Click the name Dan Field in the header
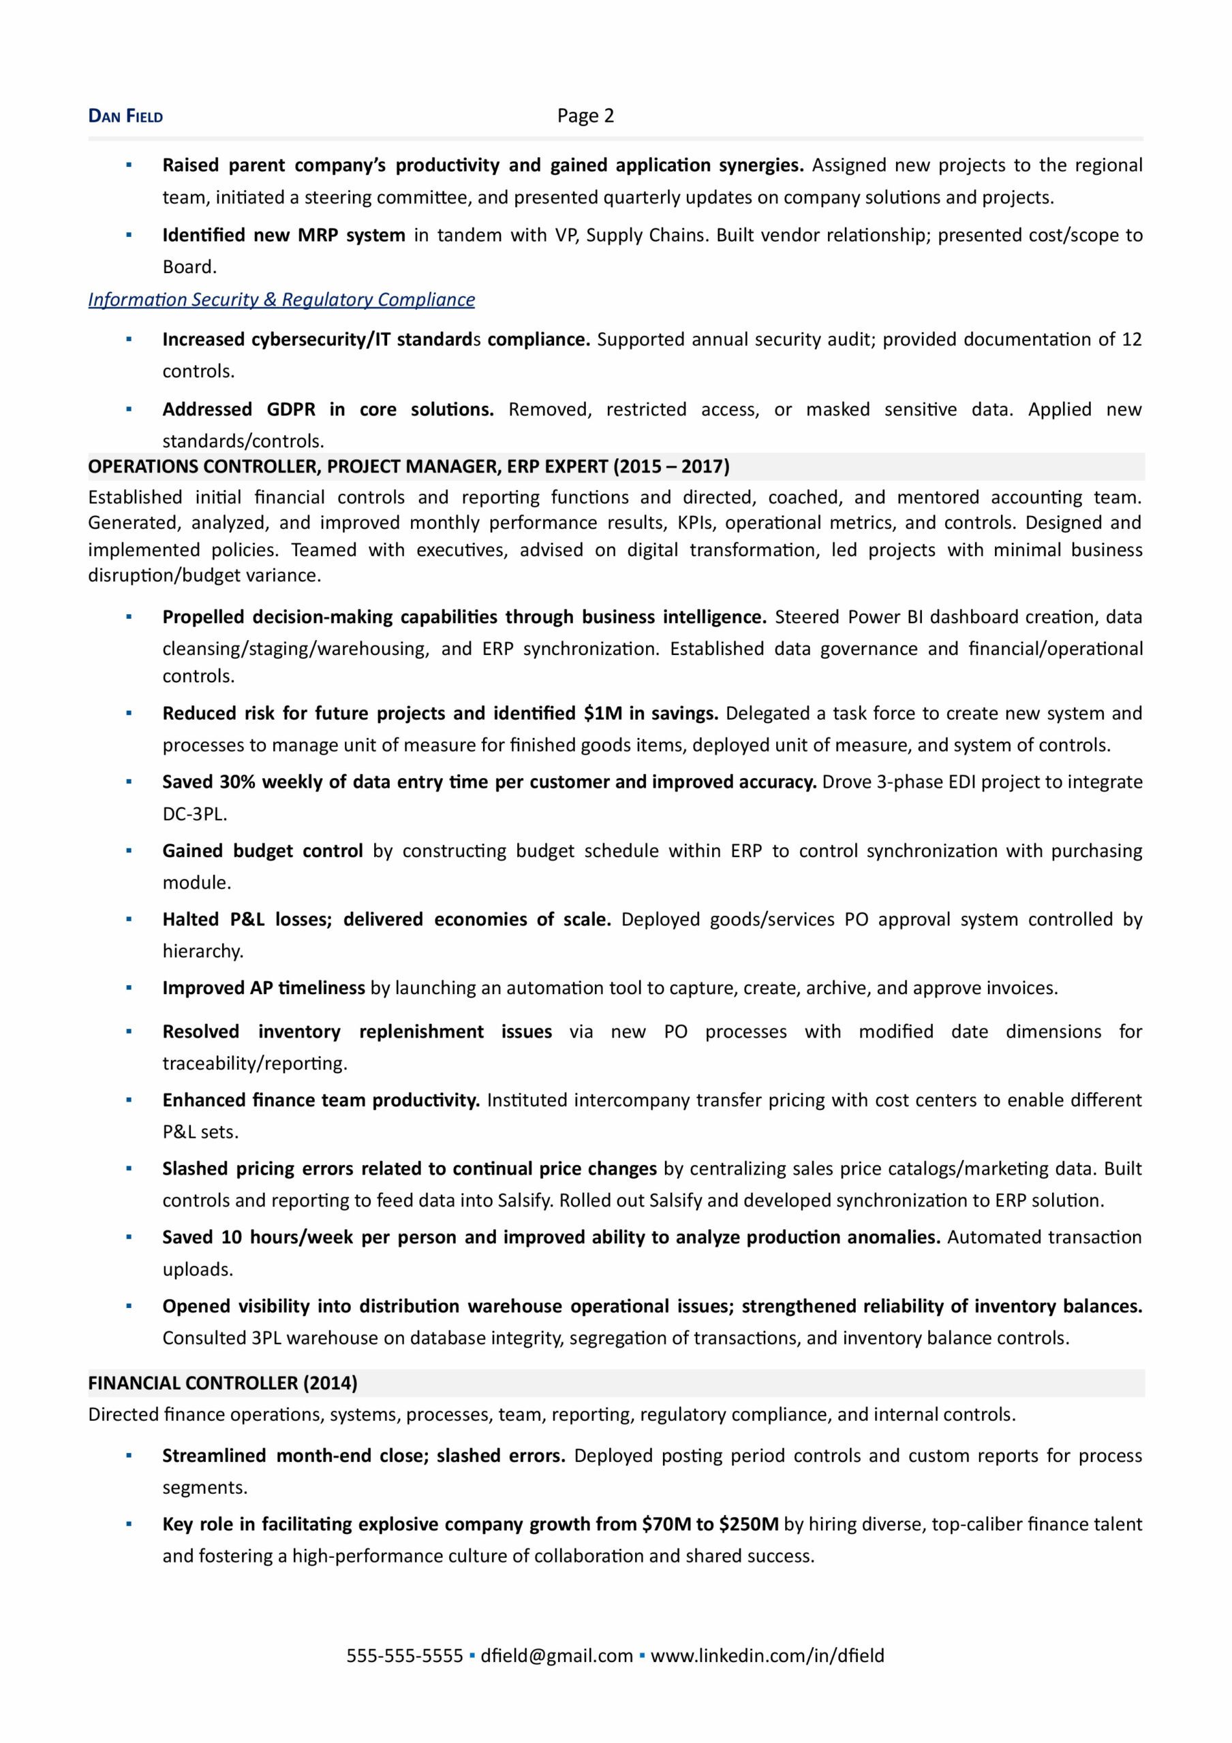pyautogui.click(x=125, y=116)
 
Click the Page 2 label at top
pyautogui.click(x=585, y=115)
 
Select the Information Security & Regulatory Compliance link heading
pyautogui.click(x=281, y=300)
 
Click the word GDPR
pyautogui.click(x=291, y=409)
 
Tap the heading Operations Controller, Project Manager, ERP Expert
pyautogui.click(x=408, y=466)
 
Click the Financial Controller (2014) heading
pyautogui.click(x=221, y=1382)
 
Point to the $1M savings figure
pyautogui.click(x=603, y=713)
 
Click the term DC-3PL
pyautogui.click(x=194, y=814)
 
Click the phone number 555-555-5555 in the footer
pyautogui.click(x=404, y=1655)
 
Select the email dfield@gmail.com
pyautogui.click(x=557, y=1655)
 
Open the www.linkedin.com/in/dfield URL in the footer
pyautogui.click(x=767, y=1655)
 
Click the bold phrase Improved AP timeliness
pyautogui.click(x=264, y=988)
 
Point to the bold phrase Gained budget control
pyautogui.click(x=262, y=850)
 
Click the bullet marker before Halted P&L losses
pyautogui.click(x=128, y=919)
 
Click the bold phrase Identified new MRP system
pyautogui.click(x=283, y=235)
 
